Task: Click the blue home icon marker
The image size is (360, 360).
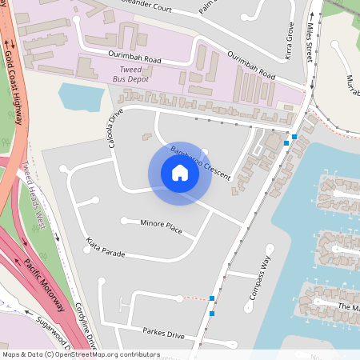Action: point(180,173)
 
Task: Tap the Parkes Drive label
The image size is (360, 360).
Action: point(164,333)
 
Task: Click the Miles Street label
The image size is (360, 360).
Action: point(309,43)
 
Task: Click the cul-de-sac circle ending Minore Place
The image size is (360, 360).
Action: point(123,220)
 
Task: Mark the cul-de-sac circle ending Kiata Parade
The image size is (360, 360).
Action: point(86,249)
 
